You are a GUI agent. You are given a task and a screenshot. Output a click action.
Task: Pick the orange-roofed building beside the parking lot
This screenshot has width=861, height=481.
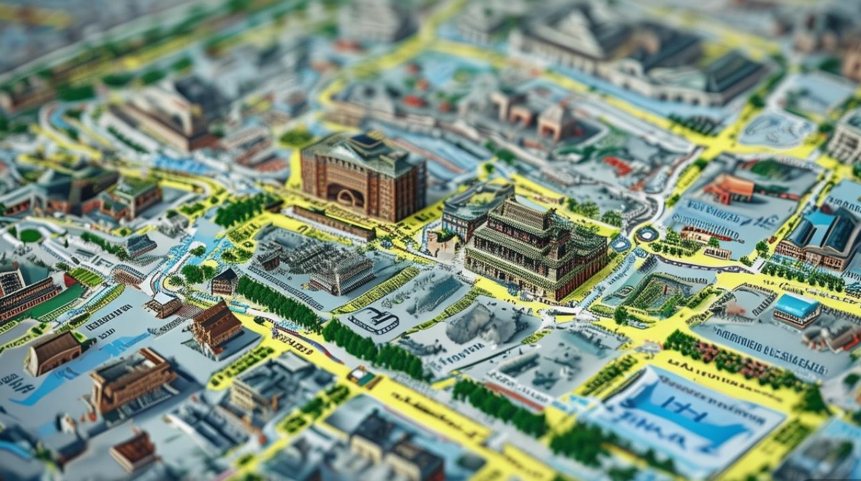pyautogui.click(x=728, y=188)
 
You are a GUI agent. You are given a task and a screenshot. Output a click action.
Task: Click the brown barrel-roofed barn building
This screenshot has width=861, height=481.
pyautogui.click(x=53, y=352)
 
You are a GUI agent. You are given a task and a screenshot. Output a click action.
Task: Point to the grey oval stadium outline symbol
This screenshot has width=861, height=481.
pyautogui.click(x=373, y=319)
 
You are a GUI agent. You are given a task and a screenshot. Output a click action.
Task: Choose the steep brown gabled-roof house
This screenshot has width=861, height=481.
pyautogui.click(x=216, y=325)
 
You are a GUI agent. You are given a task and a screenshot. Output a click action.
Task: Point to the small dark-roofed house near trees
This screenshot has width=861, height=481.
pyautogui.click(x=224, y=281)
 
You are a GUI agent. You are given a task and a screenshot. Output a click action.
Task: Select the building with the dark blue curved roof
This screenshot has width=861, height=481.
pyautogui.click(x=826, y=234)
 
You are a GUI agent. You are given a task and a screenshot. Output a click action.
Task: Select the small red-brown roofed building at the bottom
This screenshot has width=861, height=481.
pyautogui.click(x=134, y=450)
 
